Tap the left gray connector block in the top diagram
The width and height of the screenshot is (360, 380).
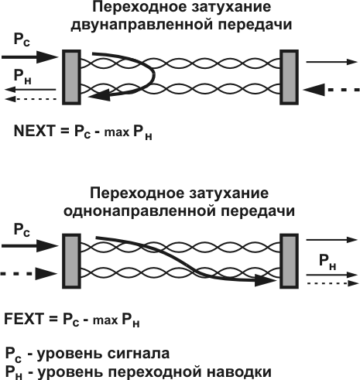(x=70, y=75)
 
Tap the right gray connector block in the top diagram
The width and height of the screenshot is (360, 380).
(x=289, y=75)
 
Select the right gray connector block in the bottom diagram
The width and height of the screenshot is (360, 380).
(x=289, y=258)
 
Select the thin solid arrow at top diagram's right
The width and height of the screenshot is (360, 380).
(x=327, y=60)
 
